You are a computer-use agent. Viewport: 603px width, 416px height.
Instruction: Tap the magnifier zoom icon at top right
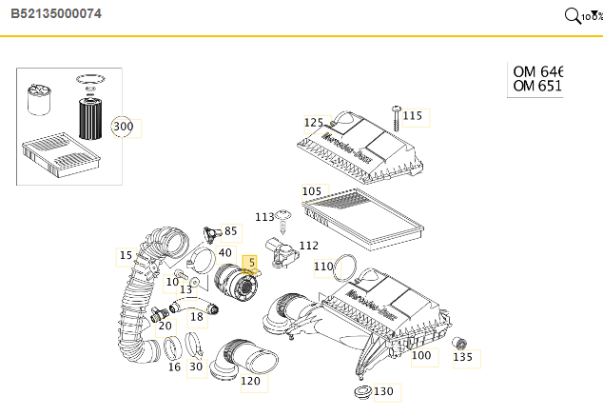pyautogui.click(x=573, y=15)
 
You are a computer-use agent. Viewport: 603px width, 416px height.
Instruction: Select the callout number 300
pyautogui.click(x=124, y=127)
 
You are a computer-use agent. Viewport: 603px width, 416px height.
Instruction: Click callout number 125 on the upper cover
pyautogui.click(x=314, y=123)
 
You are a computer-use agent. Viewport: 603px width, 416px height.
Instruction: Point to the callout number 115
pyautogui.click(x=412, y=116)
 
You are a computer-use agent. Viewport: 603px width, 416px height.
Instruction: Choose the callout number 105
pyautogui.click(x=312, y=191)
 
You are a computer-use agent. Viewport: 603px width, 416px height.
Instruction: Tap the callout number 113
pyautogui.click(x=264, y=218)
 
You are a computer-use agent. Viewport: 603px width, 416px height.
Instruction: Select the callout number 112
pyautogui.click(x=308, y=246)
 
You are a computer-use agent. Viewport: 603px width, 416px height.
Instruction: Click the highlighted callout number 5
pyautogui.click(x=251, y=261)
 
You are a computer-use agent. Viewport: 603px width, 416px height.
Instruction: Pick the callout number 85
pyautogui.click(x=230, y=231)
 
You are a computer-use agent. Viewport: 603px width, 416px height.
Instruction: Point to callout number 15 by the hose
pyautogui.click(x=126, y=255)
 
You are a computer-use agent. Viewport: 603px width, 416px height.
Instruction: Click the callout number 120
pyautogui.click(x=250, y=382)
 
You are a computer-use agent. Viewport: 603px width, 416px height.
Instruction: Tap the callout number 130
pyautogui.click(x=383, y=391)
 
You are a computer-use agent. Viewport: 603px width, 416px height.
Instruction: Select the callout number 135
pyautogui.click(x=462, y=357)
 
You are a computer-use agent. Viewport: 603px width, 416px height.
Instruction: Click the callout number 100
pyautogui.click(x=420, y=356)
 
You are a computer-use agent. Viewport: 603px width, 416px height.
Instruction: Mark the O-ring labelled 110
pyautogui.click(x=347, y=268)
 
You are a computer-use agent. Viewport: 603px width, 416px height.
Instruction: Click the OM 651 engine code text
pyautogui.click(x=537, y=87)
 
